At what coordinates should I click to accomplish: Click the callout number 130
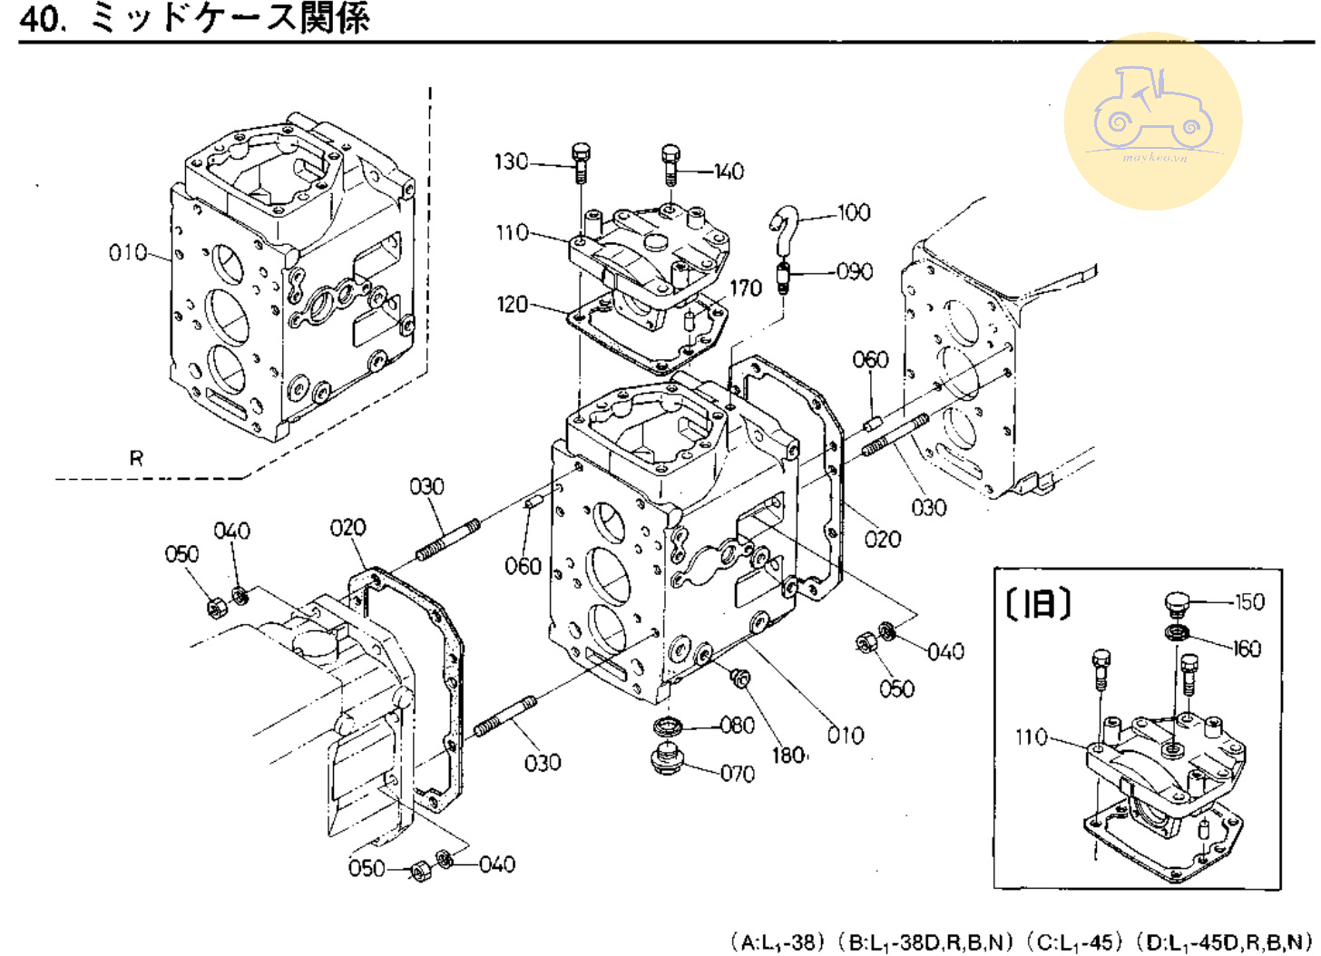tap(511, 161)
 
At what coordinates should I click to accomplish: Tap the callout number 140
tap(729, 171)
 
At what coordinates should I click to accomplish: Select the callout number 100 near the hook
tap(853, 213)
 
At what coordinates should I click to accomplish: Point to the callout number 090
tap(854, 271)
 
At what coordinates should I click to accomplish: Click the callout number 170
tap(745, 288)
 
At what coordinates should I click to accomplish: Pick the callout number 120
tap(512, 304)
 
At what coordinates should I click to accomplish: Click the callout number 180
tap(788, 755)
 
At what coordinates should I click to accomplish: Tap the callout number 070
tap(737, 774)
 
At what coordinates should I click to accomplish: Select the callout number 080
tap(737, 725)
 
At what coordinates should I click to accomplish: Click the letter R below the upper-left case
tap(136, 458)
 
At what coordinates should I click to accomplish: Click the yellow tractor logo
tap(1152, 120)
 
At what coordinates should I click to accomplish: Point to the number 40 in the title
tap(42, 18)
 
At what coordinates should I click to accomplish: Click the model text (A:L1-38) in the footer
tap(778, 941)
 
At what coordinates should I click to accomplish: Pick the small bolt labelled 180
tap(740, 677)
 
